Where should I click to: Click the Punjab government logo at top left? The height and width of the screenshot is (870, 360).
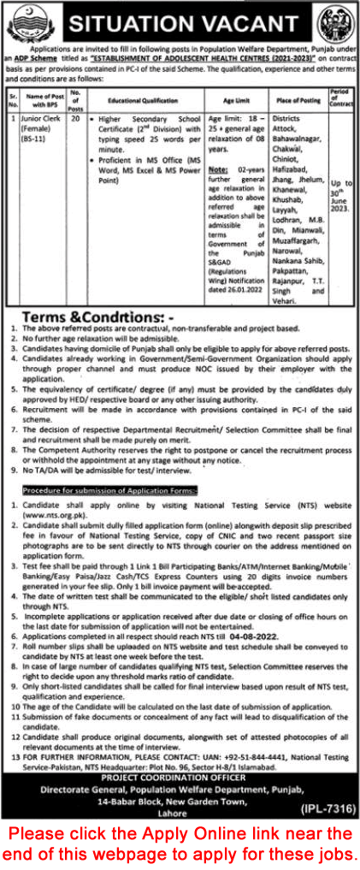[25, 21]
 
